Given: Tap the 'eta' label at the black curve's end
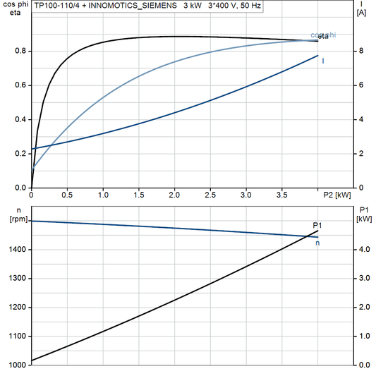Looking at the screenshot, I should pyautogui.click(x=323, y=35).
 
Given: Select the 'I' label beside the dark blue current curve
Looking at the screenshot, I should pyautogui.click(x=323, y=61).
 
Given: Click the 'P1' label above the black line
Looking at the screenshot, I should pyautogui.click(x=317, y=225).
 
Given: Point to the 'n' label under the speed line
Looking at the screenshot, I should pyautogui.click(x=317, y=243).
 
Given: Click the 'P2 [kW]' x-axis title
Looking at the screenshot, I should pyautogui.click(x=337, y=194).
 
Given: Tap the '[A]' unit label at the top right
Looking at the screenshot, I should pyautogui.click(x=361, y=13).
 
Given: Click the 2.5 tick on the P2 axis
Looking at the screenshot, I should pyautogui.click(x=210, y=194).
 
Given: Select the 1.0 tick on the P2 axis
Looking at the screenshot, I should pyautogui.click(x=103, y=194).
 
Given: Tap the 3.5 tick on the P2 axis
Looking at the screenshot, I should pyautogui.click(x=281, y=194).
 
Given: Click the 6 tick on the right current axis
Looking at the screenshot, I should pyautogui.click(x=360, y=85).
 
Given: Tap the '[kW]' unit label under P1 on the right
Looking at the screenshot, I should pyautogui.click(x=364, y=219).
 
